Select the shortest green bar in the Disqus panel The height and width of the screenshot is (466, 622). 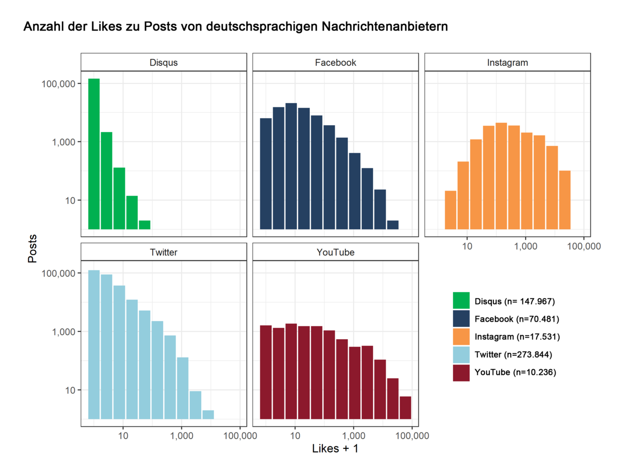[x=145, y=225]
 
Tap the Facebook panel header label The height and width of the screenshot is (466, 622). [x=335, y=63]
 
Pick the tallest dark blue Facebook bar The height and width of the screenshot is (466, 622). [x=291, y=166]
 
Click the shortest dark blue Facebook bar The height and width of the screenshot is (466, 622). [x=393, y=225]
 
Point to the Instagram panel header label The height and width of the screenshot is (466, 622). [x=507, y=63]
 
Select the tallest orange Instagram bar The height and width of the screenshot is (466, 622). [x=501, y=176]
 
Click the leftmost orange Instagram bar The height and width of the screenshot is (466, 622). [x=450, y=210]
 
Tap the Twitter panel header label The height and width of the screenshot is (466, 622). [x=163, y=252]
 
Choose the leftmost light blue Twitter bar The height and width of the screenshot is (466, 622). [x=94, y=344]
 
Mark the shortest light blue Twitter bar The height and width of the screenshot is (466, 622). [x=208, y=414]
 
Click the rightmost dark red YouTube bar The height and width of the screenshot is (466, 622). [x=405, y=407]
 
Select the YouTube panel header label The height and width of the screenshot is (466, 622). [x=335, y=252]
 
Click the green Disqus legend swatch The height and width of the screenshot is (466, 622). [x=461, y=301]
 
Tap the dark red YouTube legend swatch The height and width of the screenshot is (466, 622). [x=461, y=372]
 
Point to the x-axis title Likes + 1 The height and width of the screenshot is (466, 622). [x=335, y=449]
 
